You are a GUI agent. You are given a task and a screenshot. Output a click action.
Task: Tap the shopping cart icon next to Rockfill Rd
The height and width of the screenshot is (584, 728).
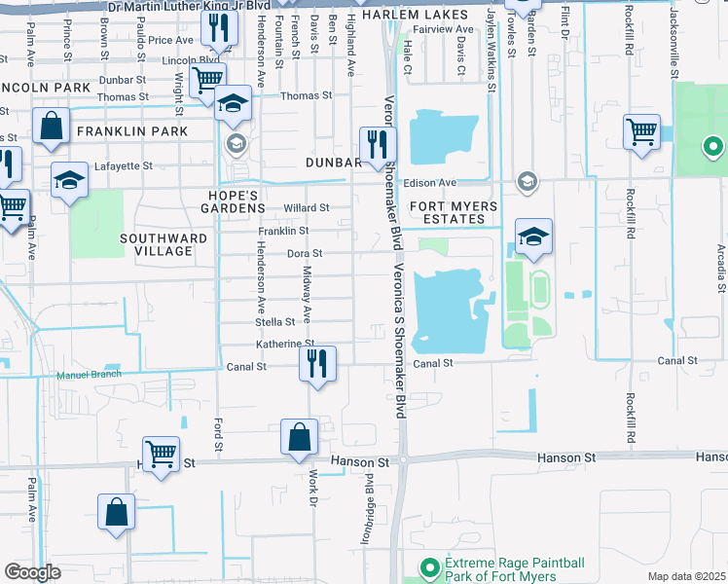[641, 131]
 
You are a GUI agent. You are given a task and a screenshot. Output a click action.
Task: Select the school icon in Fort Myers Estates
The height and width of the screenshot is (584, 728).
[533, 237]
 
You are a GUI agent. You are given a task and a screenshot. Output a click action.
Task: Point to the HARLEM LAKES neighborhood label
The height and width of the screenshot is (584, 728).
[410, 16]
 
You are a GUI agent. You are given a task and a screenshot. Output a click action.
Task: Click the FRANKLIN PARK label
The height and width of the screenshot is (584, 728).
[131, 130]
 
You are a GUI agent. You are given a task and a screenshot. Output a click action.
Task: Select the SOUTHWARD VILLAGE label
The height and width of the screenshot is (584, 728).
[164, 244]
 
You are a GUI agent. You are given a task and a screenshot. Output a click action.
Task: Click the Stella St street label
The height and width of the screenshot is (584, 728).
[274, 321]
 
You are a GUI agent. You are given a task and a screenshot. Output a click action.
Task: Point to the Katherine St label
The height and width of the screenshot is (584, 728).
[284, 344]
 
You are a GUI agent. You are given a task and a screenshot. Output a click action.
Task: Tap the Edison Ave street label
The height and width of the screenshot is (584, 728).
[433, 183]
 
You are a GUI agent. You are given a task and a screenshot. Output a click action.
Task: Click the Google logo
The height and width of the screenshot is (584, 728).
[32, 572]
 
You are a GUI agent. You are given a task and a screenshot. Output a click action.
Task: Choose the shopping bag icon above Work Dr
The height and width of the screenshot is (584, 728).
[299, 437]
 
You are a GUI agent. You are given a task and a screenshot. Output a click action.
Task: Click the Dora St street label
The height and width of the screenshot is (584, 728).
[303, 253]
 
